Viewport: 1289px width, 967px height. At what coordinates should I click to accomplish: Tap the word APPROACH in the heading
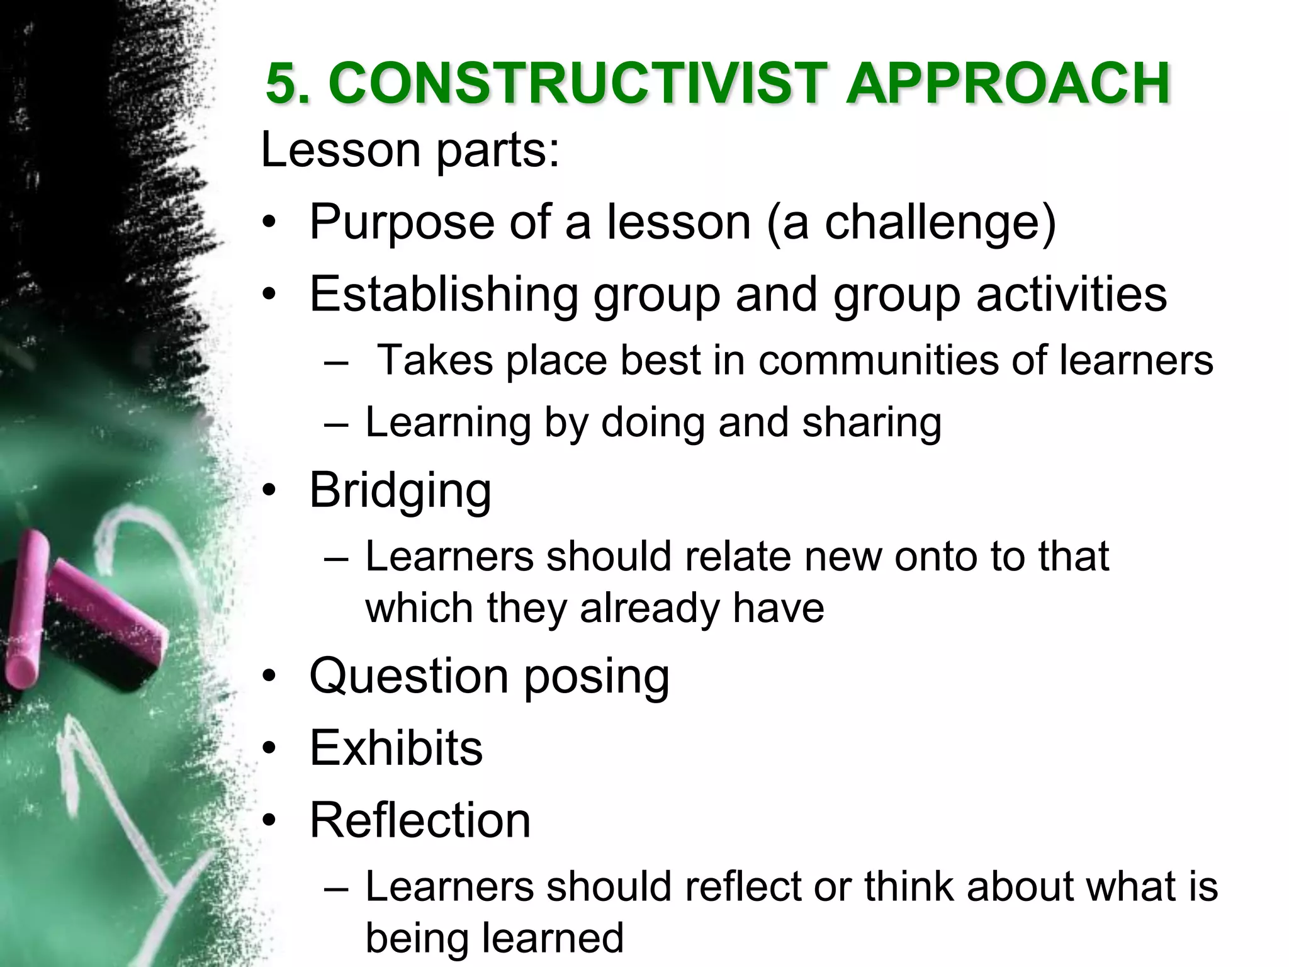pos(1007,84)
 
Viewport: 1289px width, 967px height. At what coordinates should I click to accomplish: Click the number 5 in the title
pos(281,84)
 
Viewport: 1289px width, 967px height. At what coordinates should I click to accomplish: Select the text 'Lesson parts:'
pos(410,150)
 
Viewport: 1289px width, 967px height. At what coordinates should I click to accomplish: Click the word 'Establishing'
pos(443,294)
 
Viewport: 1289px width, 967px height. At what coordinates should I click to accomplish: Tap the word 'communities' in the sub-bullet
pos(877,360)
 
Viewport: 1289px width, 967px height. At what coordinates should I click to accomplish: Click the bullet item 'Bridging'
pos(400,490)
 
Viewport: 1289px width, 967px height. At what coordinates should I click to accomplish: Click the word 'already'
pos(648,608)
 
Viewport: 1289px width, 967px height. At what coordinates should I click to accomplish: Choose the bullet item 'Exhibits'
pos(396,748)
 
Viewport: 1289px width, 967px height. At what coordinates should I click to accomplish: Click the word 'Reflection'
pos(420,820)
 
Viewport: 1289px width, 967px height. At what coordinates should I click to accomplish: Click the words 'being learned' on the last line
pos(494,937)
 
